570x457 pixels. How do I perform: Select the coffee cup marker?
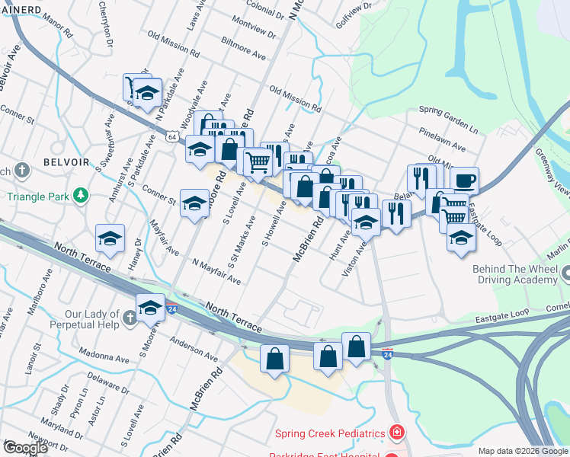coord(464,181)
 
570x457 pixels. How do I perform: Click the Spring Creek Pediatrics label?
coord(330,433)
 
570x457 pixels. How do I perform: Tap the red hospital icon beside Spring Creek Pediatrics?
coord(395,433)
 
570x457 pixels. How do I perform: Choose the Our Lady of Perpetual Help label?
coord(92,319)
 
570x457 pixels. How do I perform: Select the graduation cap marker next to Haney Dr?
coord(110,239)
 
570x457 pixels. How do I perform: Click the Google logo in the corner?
coord(24,448)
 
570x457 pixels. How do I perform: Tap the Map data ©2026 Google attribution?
coord(523,451)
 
